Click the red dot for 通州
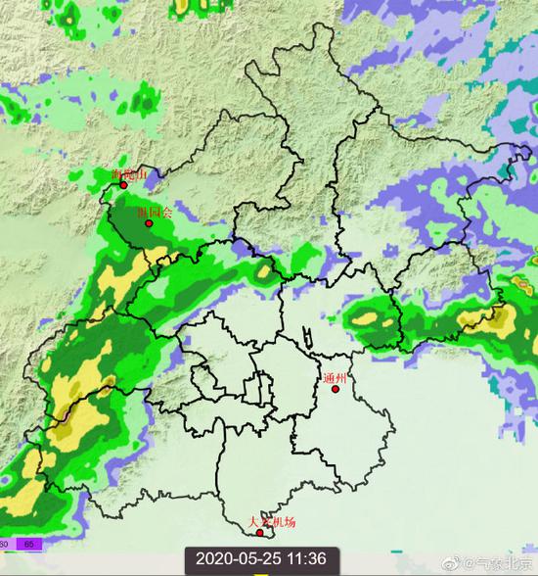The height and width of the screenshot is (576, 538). tap(336, 389)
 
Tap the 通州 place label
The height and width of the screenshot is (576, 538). tap(336, 377)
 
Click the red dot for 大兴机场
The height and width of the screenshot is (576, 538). tap(259, 534)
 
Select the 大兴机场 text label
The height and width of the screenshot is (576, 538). tap(271, 523)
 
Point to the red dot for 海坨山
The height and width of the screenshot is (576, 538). tap(123, 184)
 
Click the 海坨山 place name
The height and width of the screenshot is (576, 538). tap(130, 174)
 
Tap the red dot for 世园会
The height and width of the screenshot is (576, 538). tap(149, 223)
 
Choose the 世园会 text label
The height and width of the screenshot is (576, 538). tap(155, 212)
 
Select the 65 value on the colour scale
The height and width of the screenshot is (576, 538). tap(28, 543)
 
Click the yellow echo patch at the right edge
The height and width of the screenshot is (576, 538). tap(500, 318)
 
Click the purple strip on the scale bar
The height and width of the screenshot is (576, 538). tap(28, 543)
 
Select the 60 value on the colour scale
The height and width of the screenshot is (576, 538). tap(5, 543)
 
